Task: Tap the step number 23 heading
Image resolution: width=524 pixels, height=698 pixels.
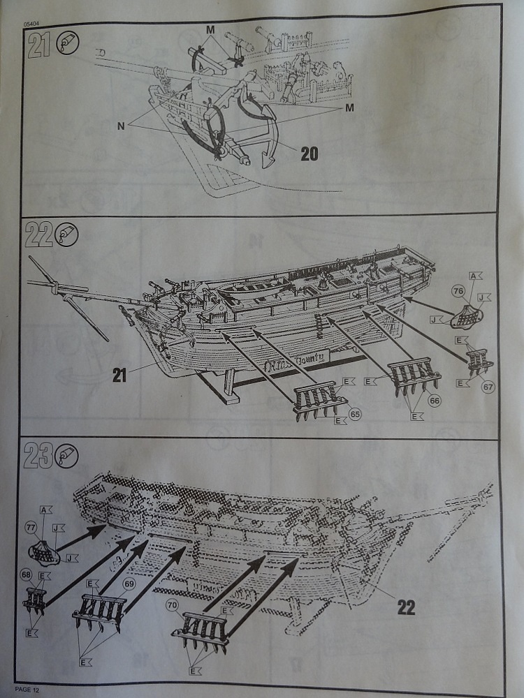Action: [x=37, y=457]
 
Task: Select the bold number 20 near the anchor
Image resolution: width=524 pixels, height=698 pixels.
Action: [x=310, y=152]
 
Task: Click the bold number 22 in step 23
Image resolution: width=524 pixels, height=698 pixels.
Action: [x=406, y=607]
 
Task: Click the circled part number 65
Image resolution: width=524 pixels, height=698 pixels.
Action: [x=355, y=415]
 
